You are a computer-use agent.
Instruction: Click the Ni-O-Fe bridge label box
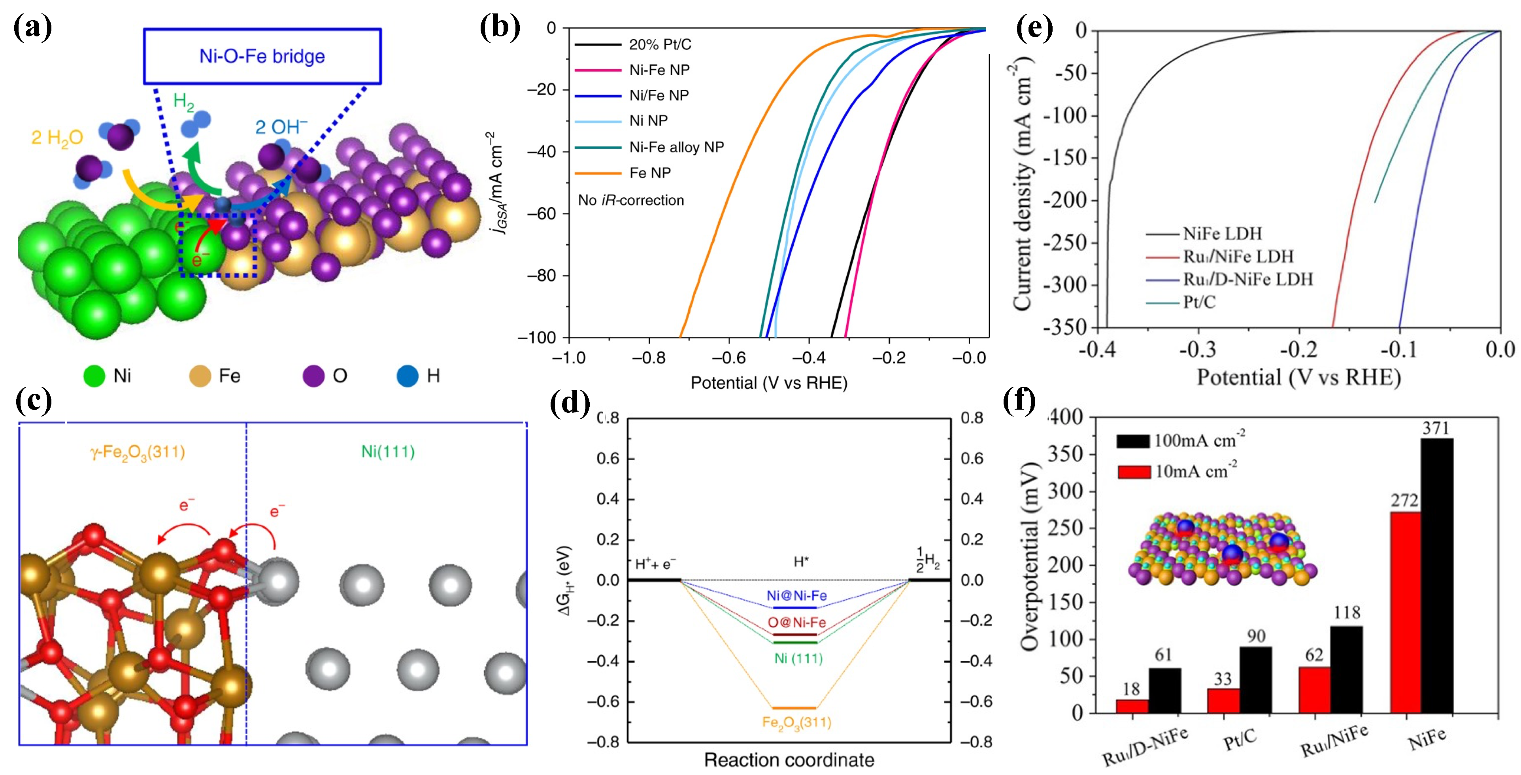[262, 56]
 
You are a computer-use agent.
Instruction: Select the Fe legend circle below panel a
[200, 376]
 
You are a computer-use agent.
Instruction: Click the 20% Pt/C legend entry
[660, 44]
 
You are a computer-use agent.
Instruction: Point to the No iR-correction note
[630, 200]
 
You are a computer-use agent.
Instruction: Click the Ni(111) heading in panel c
[388, 452]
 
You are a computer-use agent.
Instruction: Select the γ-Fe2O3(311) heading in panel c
[138, 452]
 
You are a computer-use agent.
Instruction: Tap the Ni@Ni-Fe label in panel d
[796, 595]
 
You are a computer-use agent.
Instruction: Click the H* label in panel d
[801, 562]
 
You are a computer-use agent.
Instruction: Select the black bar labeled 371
[1436, 576]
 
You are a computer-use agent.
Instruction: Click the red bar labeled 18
[1131, 707]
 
